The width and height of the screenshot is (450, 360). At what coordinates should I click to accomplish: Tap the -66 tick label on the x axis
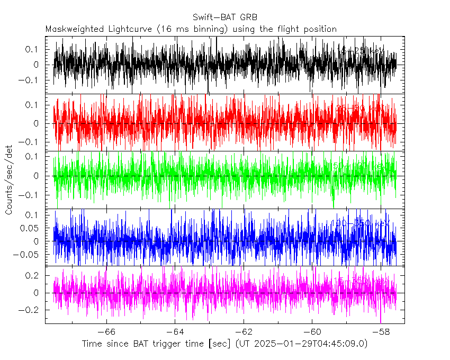coord(106,331)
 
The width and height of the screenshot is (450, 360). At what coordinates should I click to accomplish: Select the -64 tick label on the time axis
coord(175,331)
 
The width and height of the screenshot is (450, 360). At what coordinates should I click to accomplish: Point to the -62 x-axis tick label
coord(243,331)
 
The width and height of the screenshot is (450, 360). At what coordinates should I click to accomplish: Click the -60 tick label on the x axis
coord(311,331)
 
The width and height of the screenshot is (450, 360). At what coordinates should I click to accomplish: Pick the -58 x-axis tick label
coord(380,331)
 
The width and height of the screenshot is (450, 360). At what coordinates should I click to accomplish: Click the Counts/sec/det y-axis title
coord(9,180)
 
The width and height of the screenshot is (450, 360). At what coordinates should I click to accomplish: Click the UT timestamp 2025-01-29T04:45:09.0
coord(310,344)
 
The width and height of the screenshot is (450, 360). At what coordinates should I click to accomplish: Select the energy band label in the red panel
coord(360,108)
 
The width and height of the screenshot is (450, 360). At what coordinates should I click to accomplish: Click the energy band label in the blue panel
coord(360,223)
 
